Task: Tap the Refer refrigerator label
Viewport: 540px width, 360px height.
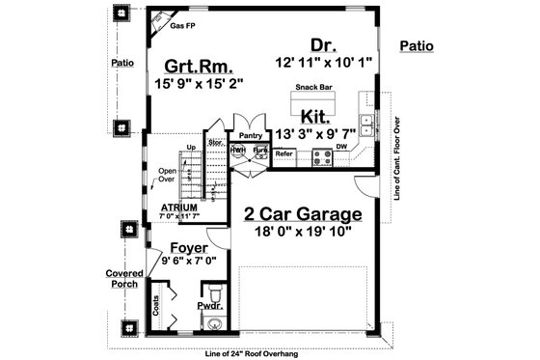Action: pos(283,153)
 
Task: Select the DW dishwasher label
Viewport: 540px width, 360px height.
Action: pos(341,148)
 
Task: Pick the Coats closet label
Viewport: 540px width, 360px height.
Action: pos(156,307)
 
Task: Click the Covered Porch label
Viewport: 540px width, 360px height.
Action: pos(124,280)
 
